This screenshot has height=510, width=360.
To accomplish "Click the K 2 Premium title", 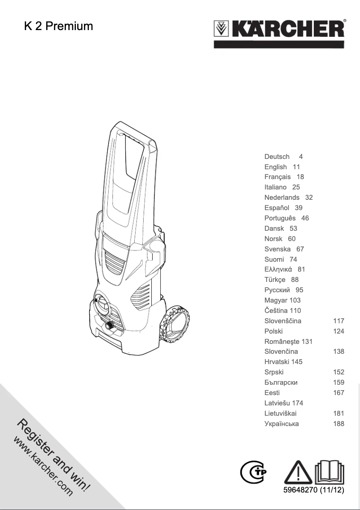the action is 58,26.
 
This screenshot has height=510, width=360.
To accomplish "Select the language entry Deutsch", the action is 277,157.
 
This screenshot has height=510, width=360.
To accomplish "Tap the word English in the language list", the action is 276,167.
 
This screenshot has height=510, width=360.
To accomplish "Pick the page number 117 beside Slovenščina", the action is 338,321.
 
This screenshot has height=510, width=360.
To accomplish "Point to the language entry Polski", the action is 273,331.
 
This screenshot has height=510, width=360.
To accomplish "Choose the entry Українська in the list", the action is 281,424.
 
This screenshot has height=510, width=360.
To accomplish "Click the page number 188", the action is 338,424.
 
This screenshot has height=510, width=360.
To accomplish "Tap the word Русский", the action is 277,290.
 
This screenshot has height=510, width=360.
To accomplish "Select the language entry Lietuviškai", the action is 281,413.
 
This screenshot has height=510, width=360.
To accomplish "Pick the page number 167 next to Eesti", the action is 338,393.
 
